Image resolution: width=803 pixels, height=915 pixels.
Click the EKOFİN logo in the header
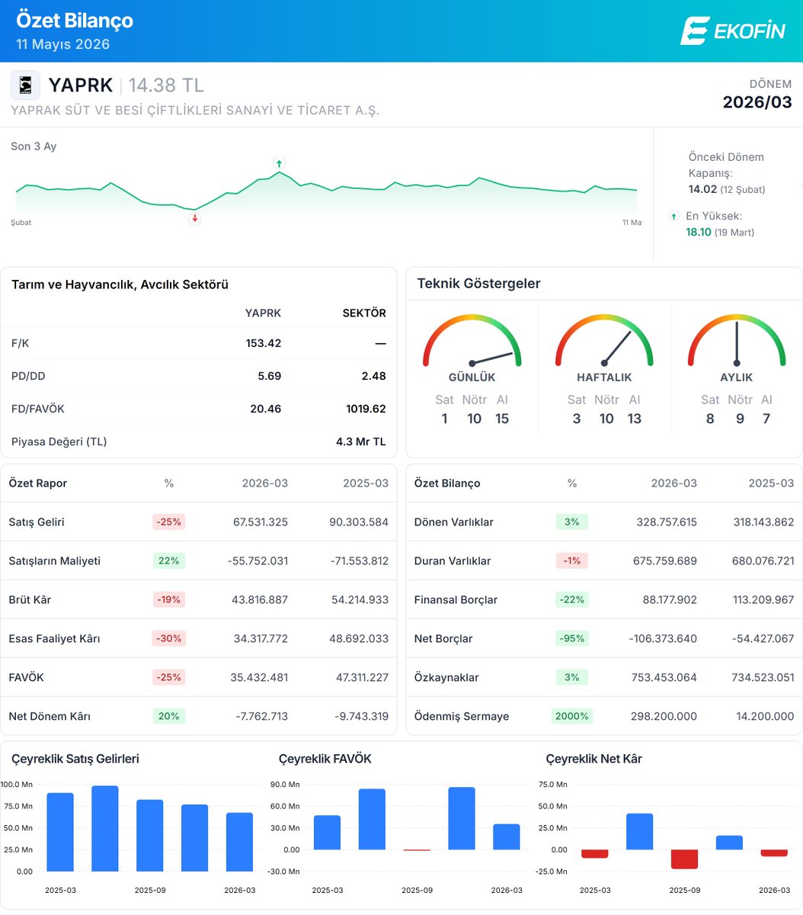click(x=733, y=30)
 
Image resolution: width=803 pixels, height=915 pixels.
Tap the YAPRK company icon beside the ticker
click(x=25, y=85)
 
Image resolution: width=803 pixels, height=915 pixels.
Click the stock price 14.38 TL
click(x=166, y=85)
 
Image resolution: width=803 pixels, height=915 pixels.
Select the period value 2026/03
click(x=757, y=102)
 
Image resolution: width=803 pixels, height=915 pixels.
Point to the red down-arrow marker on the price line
click(x=194, y=219)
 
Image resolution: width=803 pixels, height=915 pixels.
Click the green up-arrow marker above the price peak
click(x=279, y=163)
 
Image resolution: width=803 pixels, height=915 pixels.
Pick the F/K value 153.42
click(x=263, y=343)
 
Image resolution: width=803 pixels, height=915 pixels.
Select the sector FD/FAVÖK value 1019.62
click(x=366, y=409)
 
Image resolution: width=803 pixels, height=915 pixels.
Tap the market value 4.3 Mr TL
click(x=360, y=441)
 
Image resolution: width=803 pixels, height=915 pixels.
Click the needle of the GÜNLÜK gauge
click(x=492, y=358)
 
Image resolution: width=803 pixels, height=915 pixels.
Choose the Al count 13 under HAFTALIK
click(x=634, y=419)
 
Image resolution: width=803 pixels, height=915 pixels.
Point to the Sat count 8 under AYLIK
click(x=710, y=419)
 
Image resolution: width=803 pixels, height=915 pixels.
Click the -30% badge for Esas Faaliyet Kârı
click(x=169, y=638)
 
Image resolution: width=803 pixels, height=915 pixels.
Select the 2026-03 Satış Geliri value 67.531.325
click(x=260, y=522)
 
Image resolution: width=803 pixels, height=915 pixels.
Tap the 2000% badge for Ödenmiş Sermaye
click(x=571, y=716)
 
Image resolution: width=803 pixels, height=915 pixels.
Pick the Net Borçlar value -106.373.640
click(x=663, y=638)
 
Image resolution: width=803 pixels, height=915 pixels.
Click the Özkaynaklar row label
click(x=446, y=677)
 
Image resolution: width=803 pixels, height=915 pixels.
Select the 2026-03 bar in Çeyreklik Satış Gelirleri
click(x=240, y=842)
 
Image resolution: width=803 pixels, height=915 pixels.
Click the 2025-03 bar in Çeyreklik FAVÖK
click(x=328, y=833)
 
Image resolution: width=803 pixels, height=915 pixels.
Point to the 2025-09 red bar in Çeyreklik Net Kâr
click(x=684, y=859)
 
